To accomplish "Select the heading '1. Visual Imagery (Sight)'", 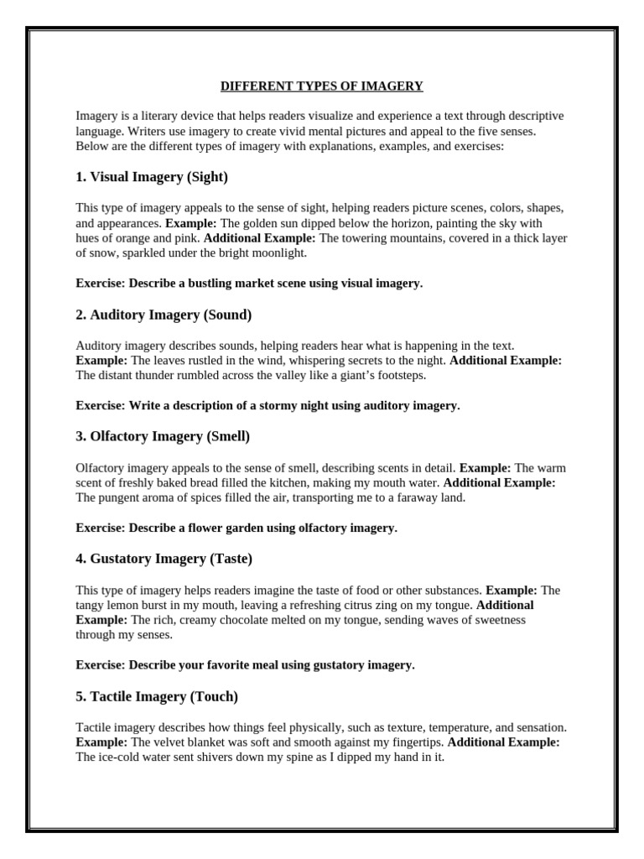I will (152, 177).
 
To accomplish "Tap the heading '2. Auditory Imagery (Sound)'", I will (164, 315).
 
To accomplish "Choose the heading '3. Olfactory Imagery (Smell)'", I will (163, 436).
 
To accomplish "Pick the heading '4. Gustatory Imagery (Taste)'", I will (164, 558).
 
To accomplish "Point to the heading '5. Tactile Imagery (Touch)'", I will (157, 696).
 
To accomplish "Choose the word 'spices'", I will (195, 497).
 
